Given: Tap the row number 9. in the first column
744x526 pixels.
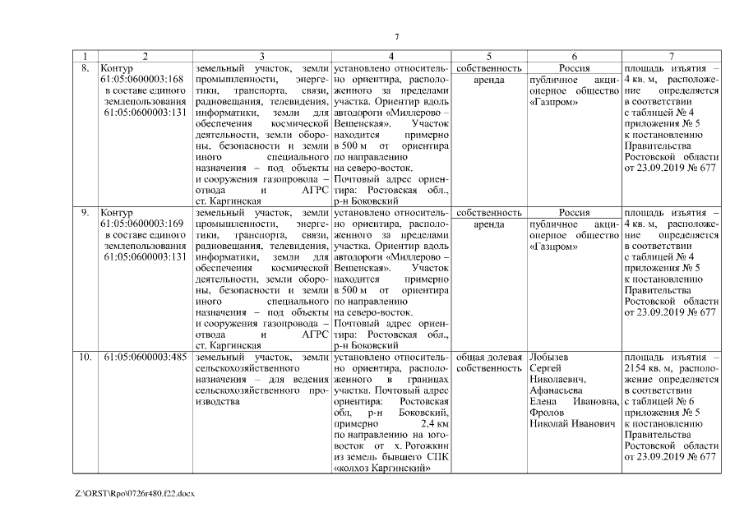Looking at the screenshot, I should click(84, 213).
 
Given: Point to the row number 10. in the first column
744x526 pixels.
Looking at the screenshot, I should click(85, 358).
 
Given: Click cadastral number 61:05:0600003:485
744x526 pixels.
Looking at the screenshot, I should click(145, 358).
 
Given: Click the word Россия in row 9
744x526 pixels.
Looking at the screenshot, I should click(574, 213).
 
